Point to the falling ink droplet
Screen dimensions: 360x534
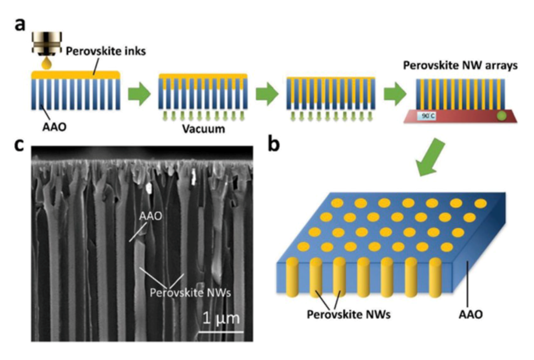[44, 64]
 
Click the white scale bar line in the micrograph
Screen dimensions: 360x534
[221, 331]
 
